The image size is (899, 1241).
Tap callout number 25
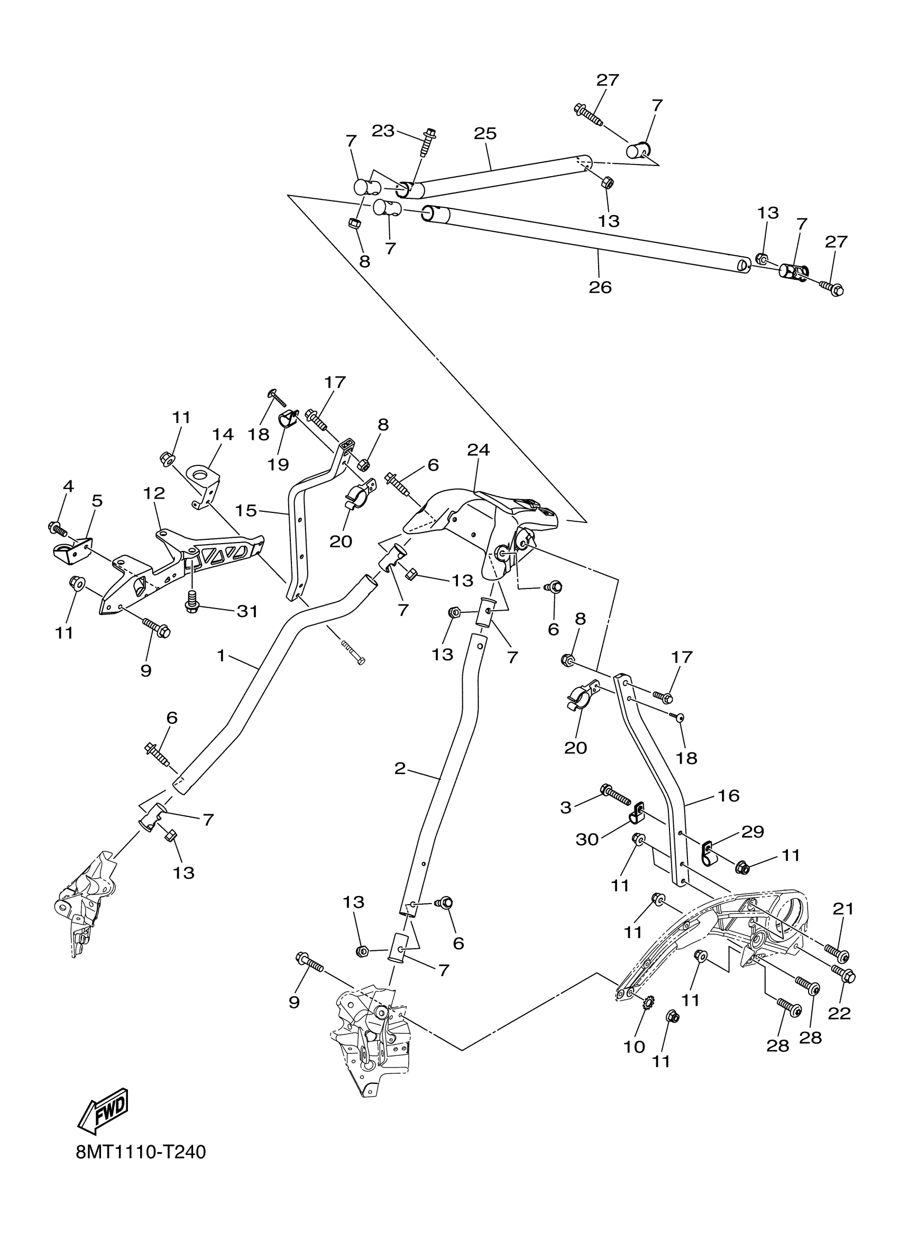(485, 133)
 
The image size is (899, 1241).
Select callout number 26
(600, 287)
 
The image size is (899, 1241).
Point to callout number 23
(383, 131)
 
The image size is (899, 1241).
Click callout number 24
(478, 450)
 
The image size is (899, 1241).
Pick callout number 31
(247, 611)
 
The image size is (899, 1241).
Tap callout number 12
(154, 493)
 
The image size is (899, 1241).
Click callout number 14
(223, 435)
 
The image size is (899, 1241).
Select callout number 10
(634, 1047)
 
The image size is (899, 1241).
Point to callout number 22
(839, 1014)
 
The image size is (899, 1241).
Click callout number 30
(587, 839)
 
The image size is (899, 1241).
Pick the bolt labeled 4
(57, 528)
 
